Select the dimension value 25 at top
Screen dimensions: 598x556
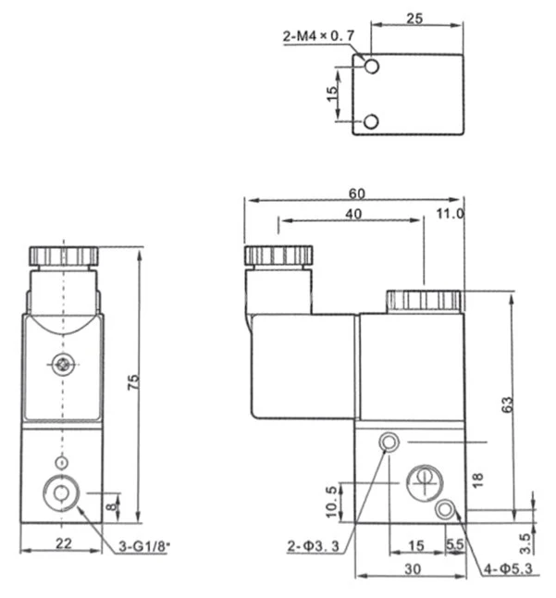point(414,19)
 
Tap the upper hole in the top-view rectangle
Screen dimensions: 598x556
point(371,68)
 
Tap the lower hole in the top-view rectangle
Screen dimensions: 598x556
point(371,121)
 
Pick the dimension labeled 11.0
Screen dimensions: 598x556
point(451,214)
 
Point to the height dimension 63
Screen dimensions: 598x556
point(506,405)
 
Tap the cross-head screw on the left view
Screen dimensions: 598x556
point(62,366)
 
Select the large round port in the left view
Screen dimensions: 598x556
point(62,492)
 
